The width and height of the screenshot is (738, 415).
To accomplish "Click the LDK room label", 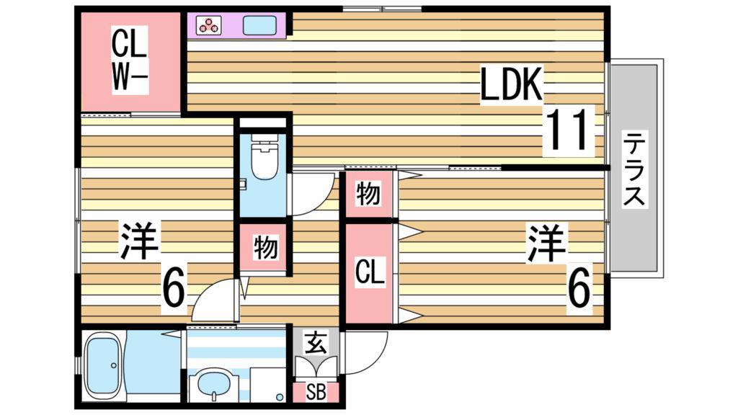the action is click(512, 85).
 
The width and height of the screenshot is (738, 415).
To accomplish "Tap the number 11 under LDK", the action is click(568, 130).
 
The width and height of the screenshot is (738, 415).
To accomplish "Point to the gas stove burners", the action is click(208, 25).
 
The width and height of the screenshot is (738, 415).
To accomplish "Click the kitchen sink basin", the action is click(259, 25).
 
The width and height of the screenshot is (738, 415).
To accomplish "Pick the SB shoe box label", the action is click(316, 393).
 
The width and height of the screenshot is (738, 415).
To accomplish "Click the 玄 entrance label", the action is click(316, 344).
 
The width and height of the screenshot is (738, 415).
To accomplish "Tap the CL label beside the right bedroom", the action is click(370, 272).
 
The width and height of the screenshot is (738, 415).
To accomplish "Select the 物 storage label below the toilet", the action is click(265, 246).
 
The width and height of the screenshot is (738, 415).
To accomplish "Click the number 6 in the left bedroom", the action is click(174, 285).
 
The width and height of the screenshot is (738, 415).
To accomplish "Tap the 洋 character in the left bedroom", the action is click(139, 240).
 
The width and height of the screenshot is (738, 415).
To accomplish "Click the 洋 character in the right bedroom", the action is click(546, 244).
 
